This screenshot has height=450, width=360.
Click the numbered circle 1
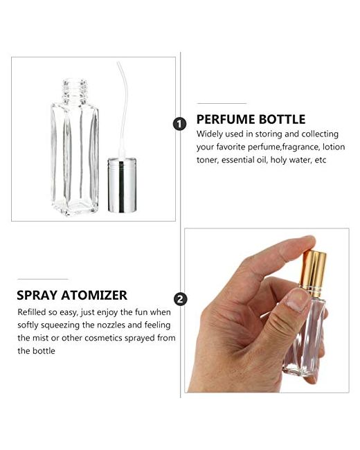(180, 124)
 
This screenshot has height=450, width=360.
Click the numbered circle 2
(180, 299)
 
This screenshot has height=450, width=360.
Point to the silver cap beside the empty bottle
(122, 185)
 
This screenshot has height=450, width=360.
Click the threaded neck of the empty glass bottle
(75, 91)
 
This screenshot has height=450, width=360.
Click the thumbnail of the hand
(298, 300)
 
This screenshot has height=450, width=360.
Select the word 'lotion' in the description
(334, 147)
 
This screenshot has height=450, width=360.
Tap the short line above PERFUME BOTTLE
(222, 103)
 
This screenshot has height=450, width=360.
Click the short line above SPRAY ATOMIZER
(42, 279)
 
